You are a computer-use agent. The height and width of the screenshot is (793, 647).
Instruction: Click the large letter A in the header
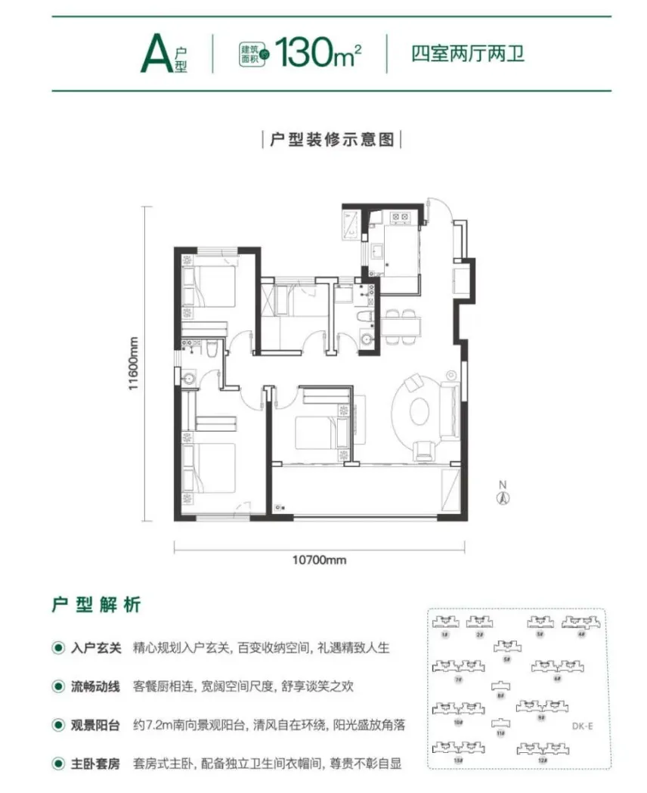click(x=153, y=53)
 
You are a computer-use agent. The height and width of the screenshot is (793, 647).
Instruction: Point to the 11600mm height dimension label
click(x=134, y=363)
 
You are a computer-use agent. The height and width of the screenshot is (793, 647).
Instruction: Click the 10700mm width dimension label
click(x=318, y=560)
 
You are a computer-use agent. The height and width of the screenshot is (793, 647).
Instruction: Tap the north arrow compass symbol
click(x=500, y=496)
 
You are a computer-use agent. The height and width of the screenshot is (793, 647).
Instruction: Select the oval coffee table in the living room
click(x=419, y=411)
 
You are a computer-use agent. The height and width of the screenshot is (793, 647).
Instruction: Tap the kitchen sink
click(x=376, y=250)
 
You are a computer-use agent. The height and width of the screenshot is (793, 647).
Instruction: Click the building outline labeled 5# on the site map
click(x=507, y=646)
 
